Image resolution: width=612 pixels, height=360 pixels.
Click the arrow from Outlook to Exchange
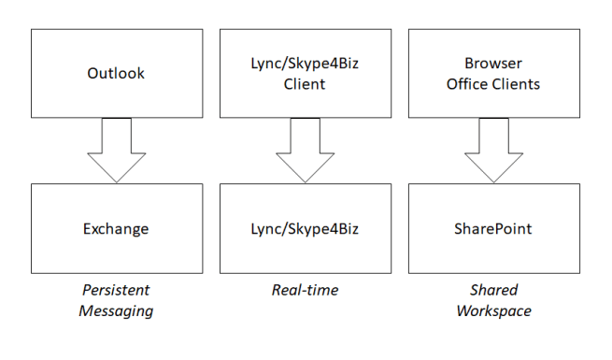click(117, 150)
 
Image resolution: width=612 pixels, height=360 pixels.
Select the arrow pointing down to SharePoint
click(493, 150)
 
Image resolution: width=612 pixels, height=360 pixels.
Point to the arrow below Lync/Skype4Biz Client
click(305, 150)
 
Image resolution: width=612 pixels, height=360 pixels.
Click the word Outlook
click(117, 73)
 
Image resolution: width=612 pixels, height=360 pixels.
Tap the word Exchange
click(117, 228)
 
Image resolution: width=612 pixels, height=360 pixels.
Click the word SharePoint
click(493, 228)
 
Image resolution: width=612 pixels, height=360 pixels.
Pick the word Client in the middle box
click(305, 84)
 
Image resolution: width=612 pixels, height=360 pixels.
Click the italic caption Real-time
click(305, 291)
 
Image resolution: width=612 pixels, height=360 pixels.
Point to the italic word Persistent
click(117, 291)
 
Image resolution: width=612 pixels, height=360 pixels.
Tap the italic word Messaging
click(117, 310)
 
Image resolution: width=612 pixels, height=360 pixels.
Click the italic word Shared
click(493, 291)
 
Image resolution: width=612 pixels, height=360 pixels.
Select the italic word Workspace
click(493, 310)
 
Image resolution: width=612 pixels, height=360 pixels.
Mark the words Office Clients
click(493, 84)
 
